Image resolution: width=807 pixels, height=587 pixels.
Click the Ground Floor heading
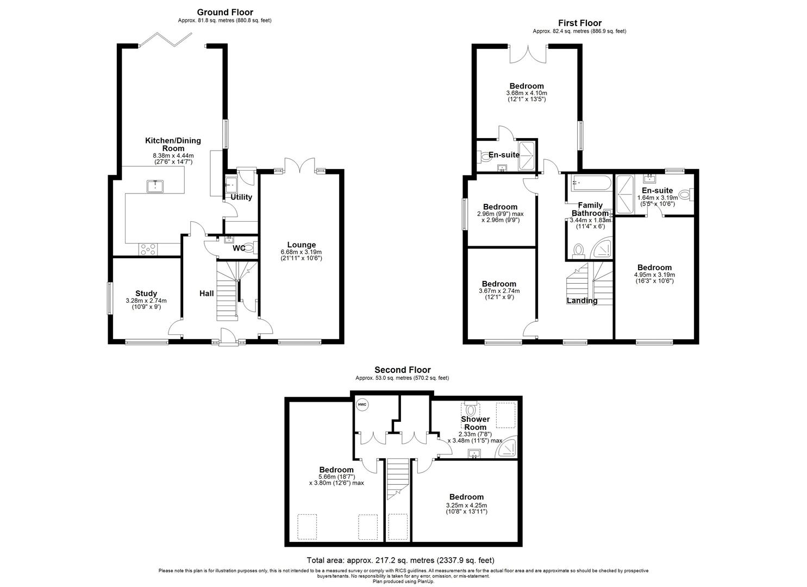pos(224,12)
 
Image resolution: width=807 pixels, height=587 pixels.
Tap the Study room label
pos(146,293)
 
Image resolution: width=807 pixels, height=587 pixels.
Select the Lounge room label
pos(301,245)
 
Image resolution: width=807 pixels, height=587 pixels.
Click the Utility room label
pos(241,197)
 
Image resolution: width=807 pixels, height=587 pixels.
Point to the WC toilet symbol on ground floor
pos(249,248)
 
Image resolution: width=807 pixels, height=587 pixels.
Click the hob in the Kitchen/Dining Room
pos(148,249)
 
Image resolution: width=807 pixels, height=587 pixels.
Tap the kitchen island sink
pos(155,186)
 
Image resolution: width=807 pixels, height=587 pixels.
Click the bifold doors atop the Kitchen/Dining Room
pos(165,40)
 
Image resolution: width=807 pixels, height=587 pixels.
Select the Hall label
pos(207,293)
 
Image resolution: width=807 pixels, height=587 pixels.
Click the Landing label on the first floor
pos(582,301)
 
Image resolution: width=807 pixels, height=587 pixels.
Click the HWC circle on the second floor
pos(362,404)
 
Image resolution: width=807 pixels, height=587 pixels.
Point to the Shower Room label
pos(475,423)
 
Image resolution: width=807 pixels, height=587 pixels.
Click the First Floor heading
pos(579,23)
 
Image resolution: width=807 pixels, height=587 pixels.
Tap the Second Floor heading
pos(402,370)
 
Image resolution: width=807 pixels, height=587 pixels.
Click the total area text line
pos(401,560)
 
